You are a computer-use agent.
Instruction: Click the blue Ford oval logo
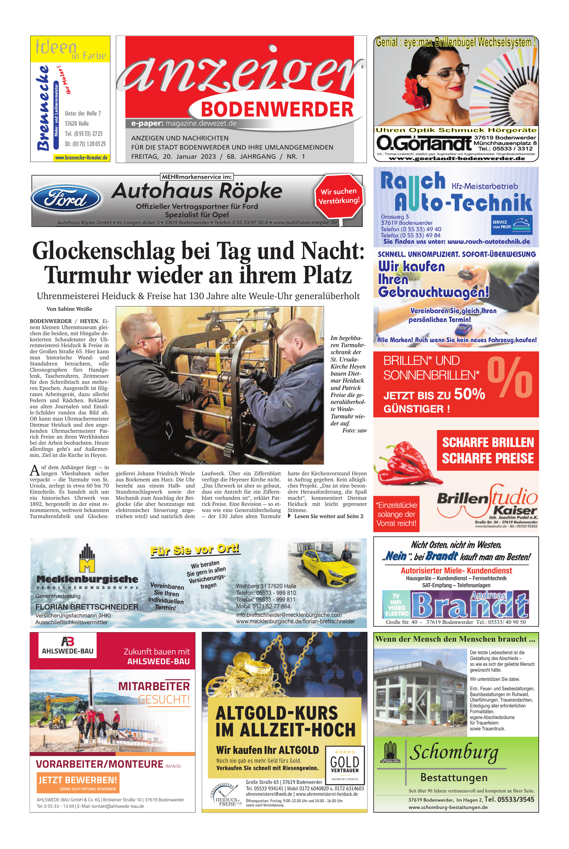[x=66, y=198]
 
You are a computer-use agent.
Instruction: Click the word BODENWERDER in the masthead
[x=277, y=109]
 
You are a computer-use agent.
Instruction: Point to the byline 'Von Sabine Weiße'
[x=69, y=309]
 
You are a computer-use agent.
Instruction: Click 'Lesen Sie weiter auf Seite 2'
[x=328, y=516]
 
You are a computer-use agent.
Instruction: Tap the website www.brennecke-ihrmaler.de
[x=81, y=158]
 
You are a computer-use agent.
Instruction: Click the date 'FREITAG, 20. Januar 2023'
[x=173, y=157]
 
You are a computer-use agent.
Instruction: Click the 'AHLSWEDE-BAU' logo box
[x=68, y=645]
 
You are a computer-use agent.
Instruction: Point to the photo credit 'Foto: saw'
[x=354, y=431]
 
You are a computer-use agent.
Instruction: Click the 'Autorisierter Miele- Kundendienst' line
[x=456, y=571]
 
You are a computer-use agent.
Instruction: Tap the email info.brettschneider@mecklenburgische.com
[x=289, y=615]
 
